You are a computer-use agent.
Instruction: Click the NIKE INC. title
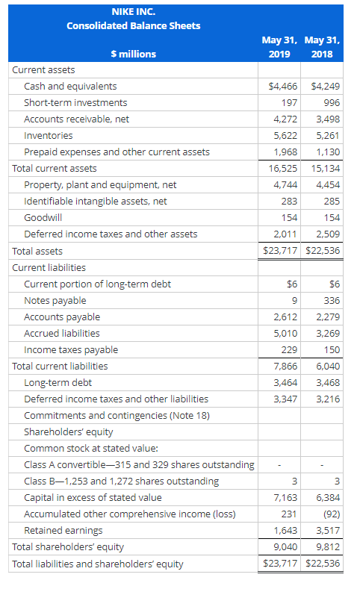(x=134, y=12)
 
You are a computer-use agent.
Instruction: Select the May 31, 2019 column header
(x=279, y=47)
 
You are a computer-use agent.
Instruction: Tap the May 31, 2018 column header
(x=322, y=47)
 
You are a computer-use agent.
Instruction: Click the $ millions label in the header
(x=134, y=54)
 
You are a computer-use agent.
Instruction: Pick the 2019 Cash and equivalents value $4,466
(x=283, y=86)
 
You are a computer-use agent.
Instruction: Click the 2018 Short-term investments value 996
(x=332, y=102)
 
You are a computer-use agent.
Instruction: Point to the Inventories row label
(x=48, y=135)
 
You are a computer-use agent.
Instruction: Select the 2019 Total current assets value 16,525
(x=283, y=168)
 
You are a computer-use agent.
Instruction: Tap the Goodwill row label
(x=43, y=217)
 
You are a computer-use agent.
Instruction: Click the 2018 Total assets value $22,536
(x=323, y=250)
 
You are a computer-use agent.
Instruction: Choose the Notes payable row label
(x=55, y=301)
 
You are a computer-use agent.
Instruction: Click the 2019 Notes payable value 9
(x=294, y=301)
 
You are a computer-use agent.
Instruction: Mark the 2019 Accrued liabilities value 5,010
(x=285, y=333)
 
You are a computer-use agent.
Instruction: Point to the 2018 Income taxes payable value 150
(x=332, y=349)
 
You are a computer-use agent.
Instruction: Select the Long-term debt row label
(x=58, y=382)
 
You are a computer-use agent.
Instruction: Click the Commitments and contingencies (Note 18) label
(x=117, y=415)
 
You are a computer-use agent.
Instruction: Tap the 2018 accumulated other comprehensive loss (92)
(x=332, y=514)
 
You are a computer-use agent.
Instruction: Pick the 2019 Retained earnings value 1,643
(x=285, y=531)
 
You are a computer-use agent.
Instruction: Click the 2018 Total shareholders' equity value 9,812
(x=328, y=546)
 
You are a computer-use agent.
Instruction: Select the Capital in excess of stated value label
(x=93, y=497)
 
